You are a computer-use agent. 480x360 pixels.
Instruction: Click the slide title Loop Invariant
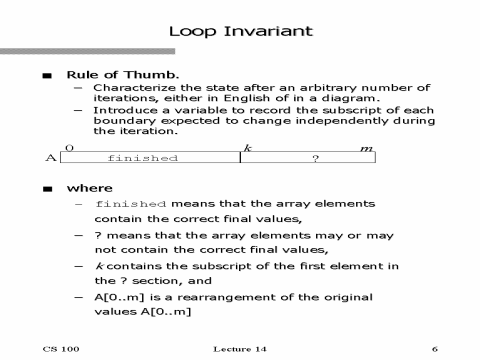pyautogui.click(x=240, y=30)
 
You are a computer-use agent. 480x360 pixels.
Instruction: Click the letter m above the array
pyautogui.click(x=366, y=148)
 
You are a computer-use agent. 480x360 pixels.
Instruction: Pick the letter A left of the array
pyautogui.click(x=51, y=158)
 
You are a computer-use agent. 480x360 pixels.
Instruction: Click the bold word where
pyautogui.click(x=89, y=187)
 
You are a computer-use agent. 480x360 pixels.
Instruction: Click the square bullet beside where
pyautogui.click(x=46, y=188)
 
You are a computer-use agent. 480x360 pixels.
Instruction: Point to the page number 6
pyautogui.click(x=435, y=349)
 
